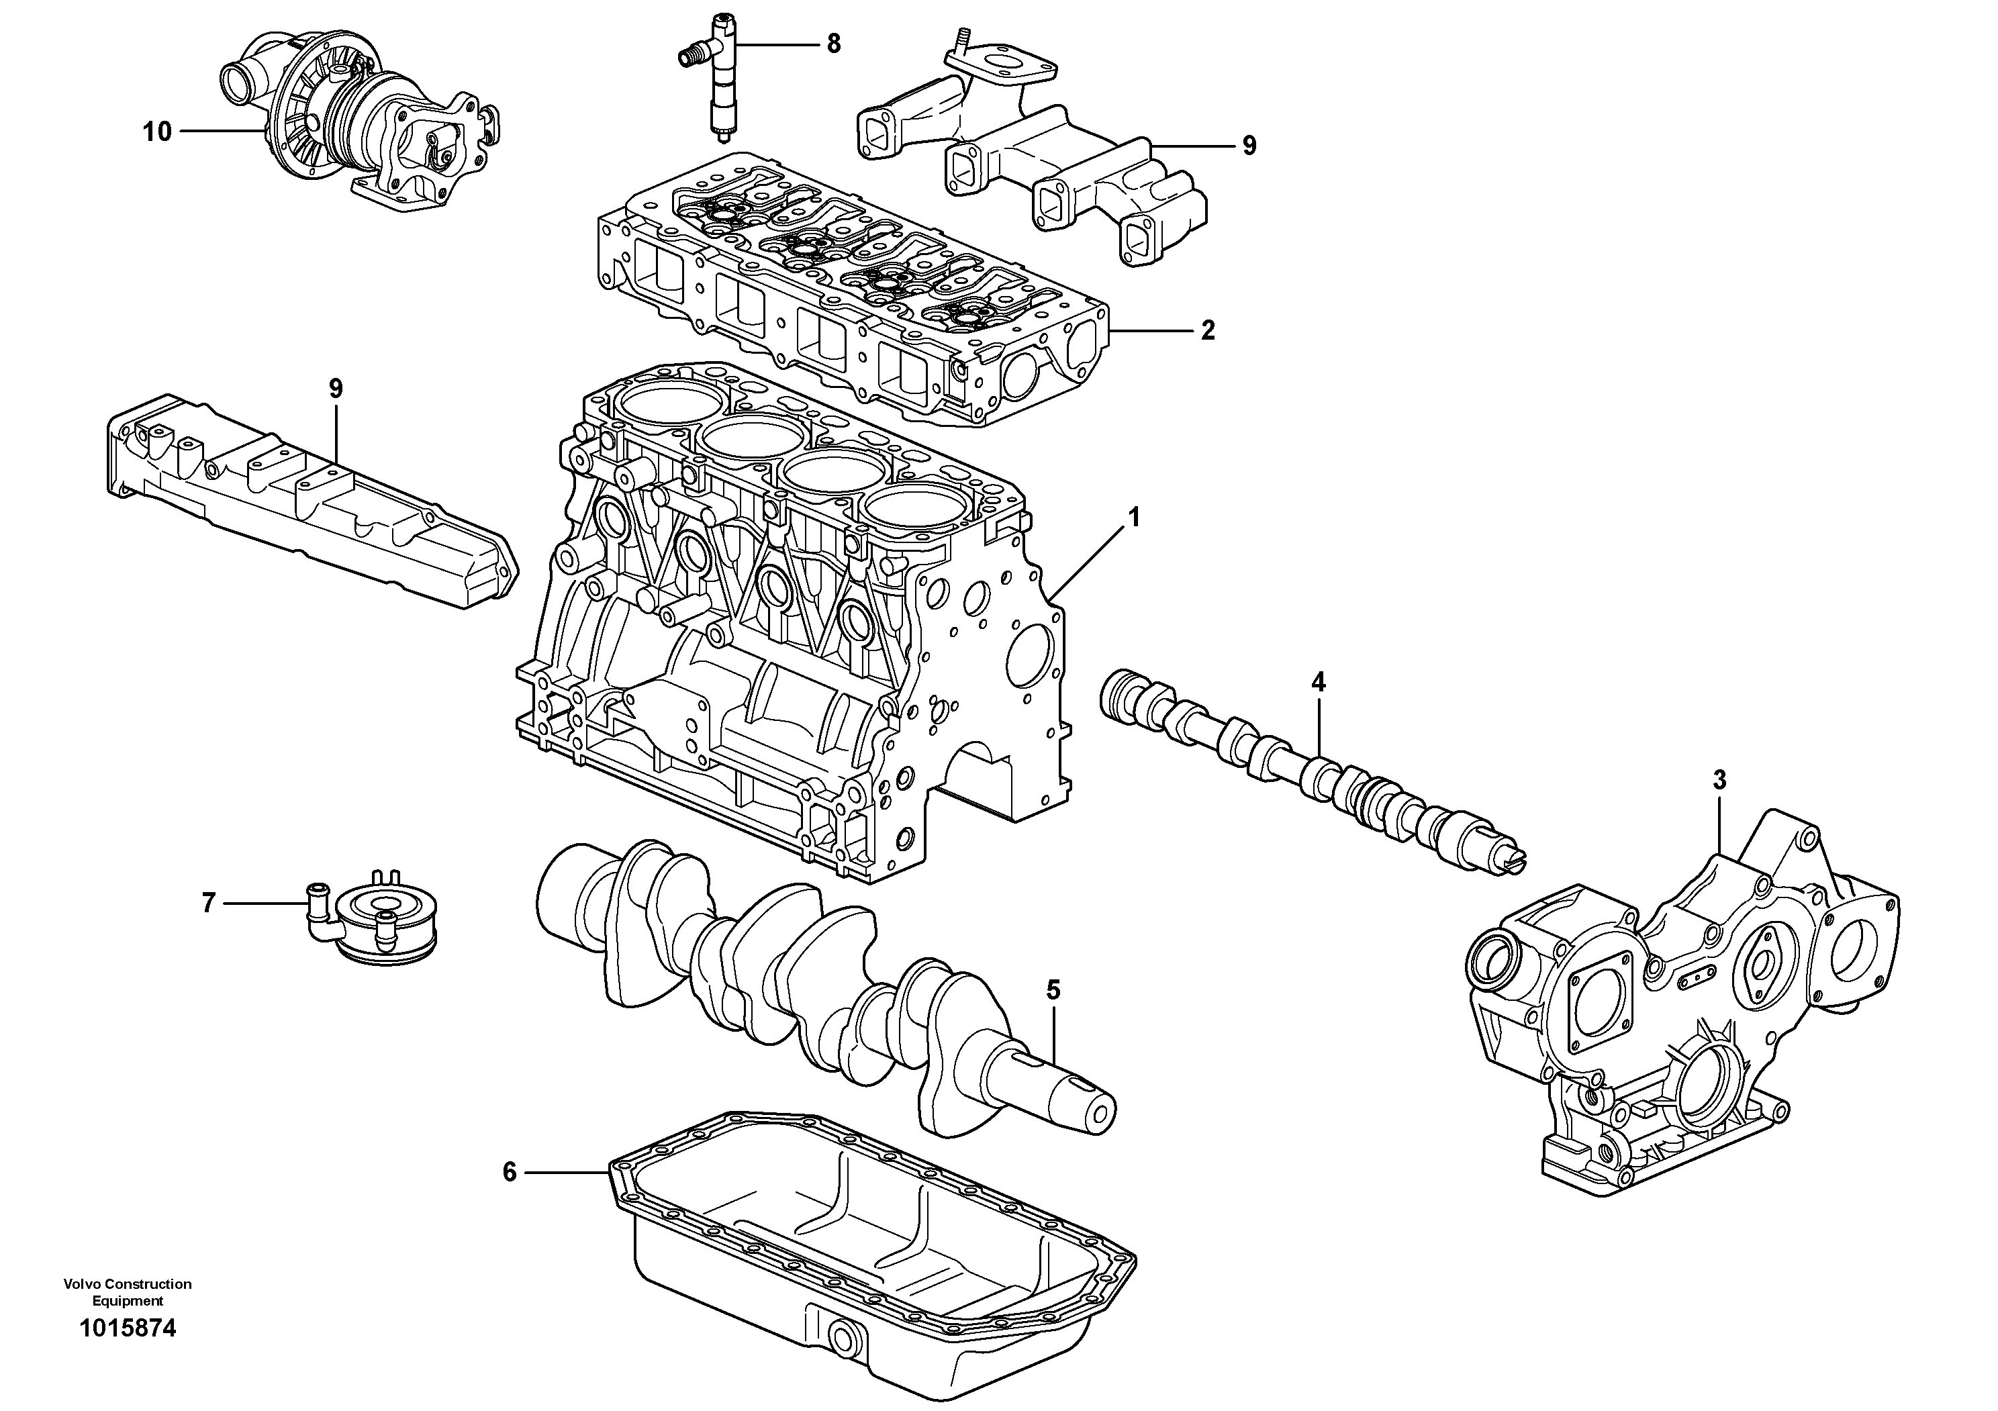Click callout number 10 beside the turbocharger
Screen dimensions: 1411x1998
click(158, 132)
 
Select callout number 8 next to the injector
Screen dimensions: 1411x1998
click(832, 44)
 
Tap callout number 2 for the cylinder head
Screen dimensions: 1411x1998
click(1207, 330)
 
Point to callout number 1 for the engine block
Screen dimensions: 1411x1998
click(1133, 518)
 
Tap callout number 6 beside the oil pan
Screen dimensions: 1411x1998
click(510, 1173)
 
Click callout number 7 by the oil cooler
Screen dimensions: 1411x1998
click(208, 904)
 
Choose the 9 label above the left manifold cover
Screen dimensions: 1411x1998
click(336, 389)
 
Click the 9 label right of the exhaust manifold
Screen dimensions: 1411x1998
click(1249, 145)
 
